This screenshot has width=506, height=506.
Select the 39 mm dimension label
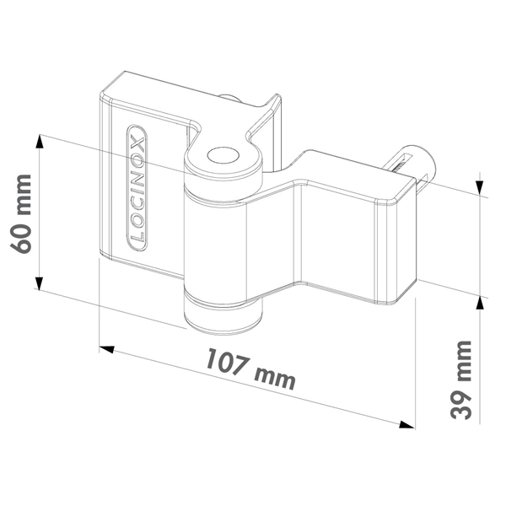click(462, 380)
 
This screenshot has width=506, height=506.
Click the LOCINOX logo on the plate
click(137, 188)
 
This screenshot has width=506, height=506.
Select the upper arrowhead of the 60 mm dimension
click(40, 143)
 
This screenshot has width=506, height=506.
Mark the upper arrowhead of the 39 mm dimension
click(479, 185)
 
